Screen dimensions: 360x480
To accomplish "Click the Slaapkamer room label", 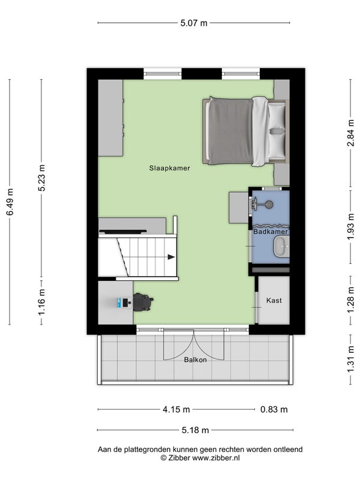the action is pos(170,168).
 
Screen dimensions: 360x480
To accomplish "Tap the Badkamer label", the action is pos(271,232).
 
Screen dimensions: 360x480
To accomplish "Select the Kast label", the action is pos(274,301).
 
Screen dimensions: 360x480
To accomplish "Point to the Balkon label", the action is pos(196,359).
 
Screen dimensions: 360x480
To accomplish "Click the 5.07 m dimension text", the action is pos(194,23).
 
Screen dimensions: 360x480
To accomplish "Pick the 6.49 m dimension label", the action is pos(10,202).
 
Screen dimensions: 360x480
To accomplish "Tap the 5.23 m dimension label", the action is pos(41,178).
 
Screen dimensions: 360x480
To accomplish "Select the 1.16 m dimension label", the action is pos(41,302).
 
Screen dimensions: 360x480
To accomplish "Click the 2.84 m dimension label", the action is pos(351,133).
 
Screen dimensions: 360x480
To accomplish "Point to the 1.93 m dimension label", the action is pos(351,227).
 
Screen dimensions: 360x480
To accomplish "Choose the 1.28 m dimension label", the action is pos(351,301).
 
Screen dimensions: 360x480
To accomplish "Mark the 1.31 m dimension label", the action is pos(351,359).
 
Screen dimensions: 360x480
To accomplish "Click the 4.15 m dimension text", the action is pos(176,409).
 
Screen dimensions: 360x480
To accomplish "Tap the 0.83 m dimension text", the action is pos(274,409).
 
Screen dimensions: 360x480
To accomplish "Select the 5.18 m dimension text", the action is pos(196,430).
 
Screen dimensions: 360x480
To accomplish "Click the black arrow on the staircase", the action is pos(172,257).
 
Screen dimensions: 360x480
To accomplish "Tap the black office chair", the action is pos(143,302).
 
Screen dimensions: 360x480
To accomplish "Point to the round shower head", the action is pos(269,204).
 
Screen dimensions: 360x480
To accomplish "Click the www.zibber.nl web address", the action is pos(216,458).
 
